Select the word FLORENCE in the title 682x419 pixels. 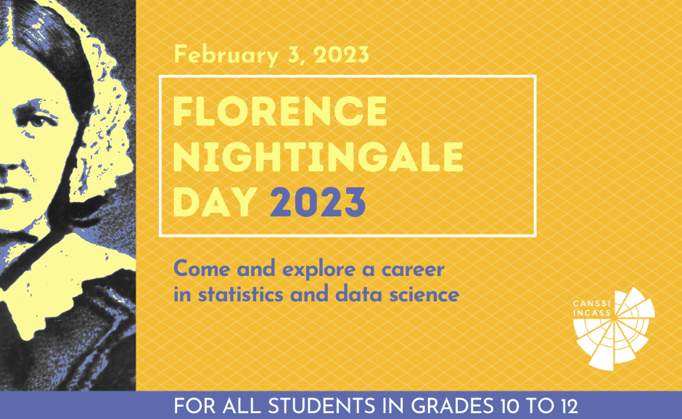coord(281,112)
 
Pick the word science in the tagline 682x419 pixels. coord(427,296)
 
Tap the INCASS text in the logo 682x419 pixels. coord(589,314)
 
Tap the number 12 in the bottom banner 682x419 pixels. coord(567,406)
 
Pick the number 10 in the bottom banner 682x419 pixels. coord(514,406)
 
